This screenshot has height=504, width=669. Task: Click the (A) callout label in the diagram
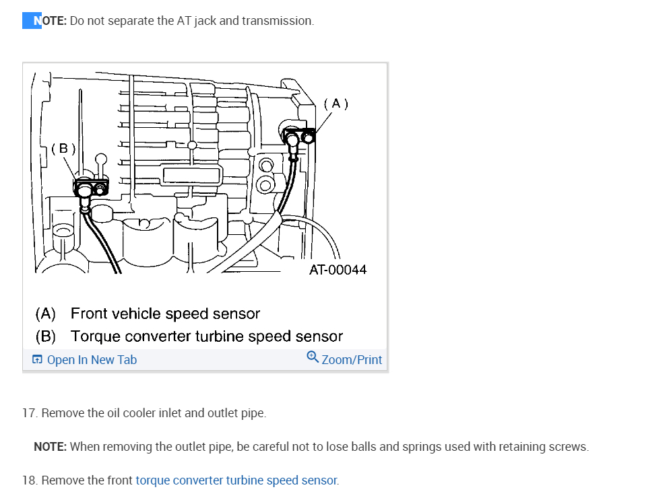(336, 104)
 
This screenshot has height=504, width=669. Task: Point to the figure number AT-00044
(338, 270)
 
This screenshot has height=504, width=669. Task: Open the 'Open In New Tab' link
(92, 360)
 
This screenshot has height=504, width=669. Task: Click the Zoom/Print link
(352, 360)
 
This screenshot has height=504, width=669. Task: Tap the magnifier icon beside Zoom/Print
(313, 357)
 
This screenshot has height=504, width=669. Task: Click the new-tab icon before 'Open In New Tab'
(37, 360)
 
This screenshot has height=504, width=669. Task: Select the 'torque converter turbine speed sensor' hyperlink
(236, 480)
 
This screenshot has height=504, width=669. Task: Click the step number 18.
(30, 480)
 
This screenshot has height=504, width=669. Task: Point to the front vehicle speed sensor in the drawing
(298, 139)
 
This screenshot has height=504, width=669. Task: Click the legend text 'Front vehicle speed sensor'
(165, 314)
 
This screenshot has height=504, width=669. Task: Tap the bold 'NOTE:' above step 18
(50, 447)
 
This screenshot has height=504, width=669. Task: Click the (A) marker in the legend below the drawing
(46, 314)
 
